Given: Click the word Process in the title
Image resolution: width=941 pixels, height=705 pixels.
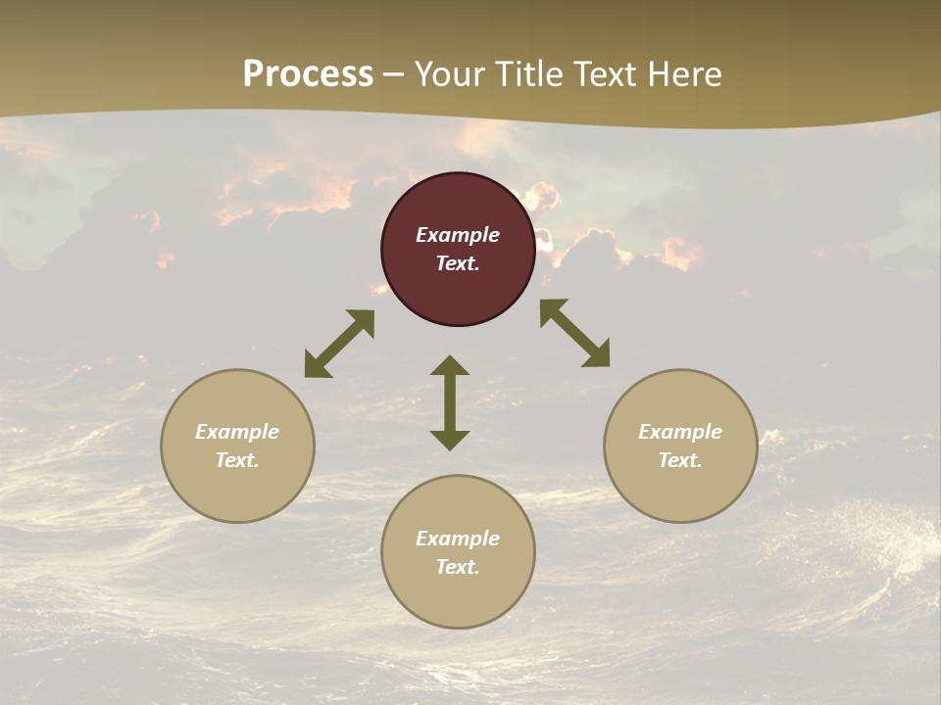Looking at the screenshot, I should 308,74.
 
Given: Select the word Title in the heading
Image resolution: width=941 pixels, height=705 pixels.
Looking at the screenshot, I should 526,74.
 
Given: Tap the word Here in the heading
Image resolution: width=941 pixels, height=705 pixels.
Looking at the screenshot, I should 683,74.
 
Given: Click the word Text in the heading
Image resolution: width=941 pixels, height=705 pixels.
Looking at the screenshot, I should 602,74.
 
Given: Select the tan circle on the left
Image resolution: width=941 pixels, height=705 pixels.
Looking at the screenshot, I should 237,490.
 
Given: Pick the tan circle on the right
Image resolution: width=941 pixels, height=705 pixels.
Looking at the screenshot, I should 680,490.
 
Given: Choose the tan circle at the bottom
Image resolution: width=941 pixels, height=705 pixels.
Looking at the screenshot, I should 458,597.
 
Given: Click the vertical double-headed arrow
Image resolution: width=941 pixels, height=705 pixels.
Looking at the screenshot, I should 450,402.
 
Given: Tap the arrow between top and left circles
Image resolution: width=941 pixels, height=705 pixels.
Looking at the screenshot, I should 339,344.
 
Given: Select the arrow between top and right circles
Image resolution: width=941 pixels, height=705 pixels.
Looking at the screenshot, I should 574,333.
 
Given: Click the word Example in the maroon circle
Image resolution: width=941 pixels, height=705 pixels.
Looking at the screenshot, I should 458,235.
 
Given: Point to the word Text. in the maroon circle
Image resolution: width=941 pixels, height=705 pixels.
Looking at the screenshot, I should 458,263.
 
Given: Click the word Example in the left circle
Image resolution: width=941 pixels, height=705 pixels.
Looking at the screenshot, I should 237,432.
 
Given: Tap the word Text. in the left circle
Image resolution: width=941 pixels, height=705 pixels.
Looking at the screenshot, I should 237,460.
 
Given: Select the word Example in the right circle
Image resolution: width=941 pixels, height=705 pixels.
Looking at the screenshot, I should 680,432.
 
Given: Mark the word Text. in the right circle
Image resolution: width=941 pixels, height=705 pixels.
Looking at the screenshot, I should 680,460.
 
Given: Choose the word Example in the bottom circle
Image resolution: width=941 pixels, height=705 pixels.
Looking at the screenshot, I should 458,539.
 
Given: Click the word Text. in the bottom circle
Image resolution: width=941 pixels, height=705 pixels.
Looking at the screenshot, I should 458,567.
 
